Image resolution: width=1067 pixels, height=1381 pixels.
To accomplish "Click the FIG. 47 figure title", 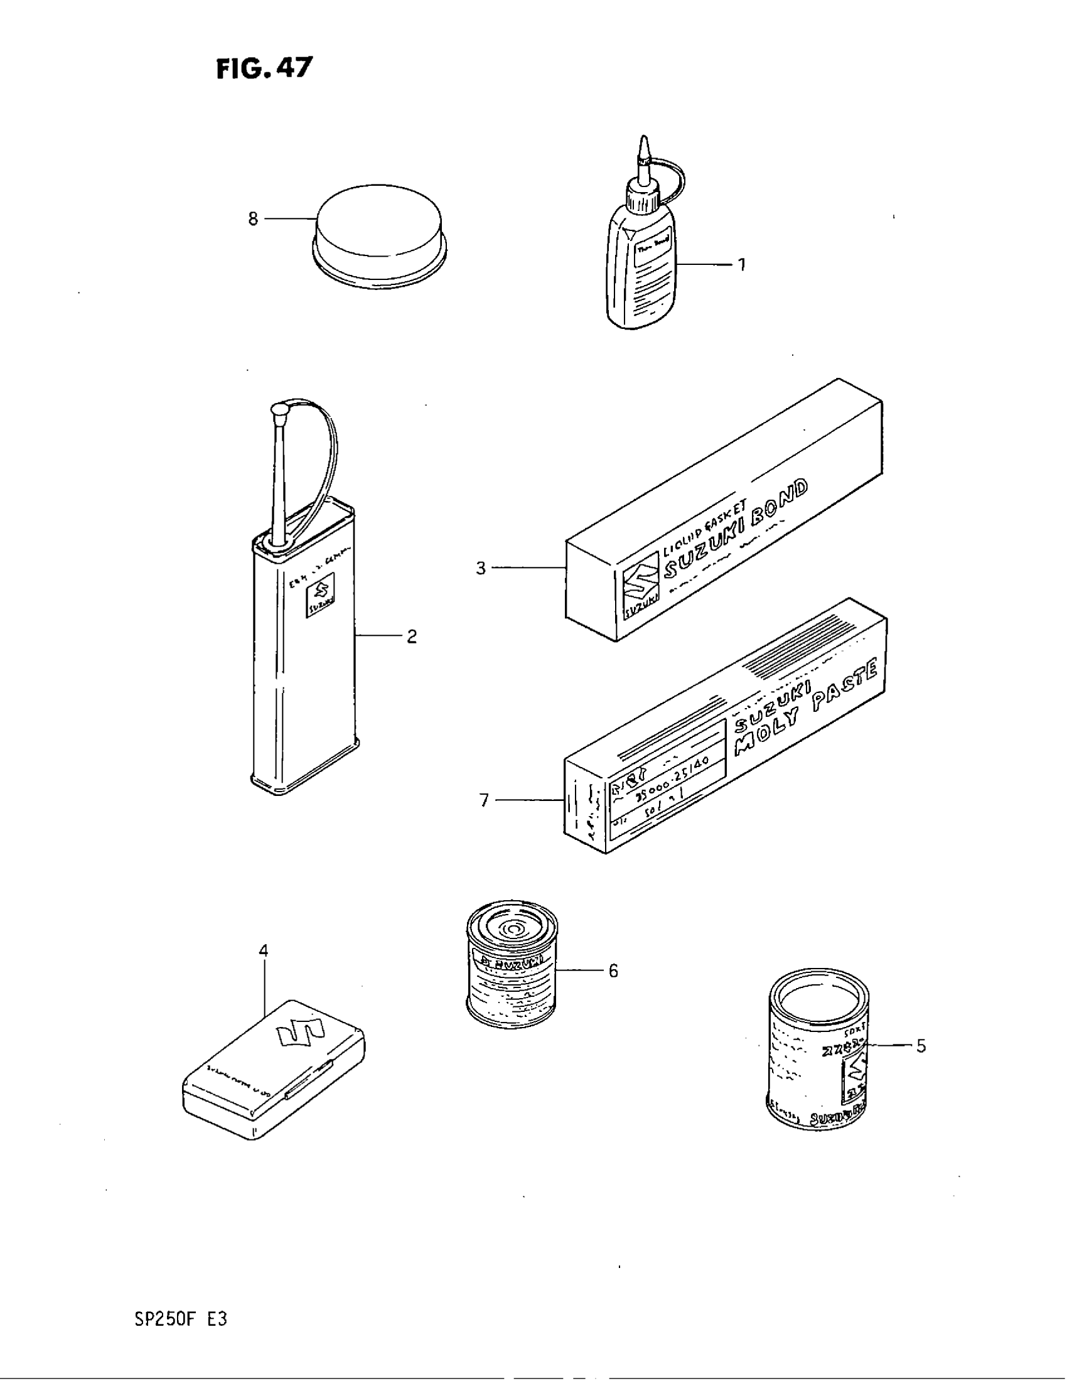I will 264,68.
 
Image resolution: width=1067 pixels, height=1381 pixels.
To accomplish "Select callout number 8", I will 253,219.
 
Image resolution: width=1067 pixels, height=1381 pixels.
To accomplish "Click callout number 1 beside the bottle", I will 741,264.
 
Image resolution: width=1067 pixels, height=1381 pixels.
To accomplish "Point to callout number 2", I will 412,636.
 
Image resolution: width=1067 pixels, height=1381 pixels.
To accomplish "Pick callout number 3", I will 481,569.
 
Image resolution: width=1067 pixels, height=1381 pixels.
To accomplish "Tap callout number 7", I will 484,800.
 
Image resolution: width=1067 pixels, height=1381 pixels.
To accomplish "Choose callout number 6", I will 613,970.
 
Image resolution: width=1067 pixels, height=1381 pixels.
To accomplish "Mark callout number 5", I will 921,1046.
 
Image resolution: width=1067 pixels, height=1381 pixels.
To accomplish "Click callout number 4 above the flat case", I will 264,950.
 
